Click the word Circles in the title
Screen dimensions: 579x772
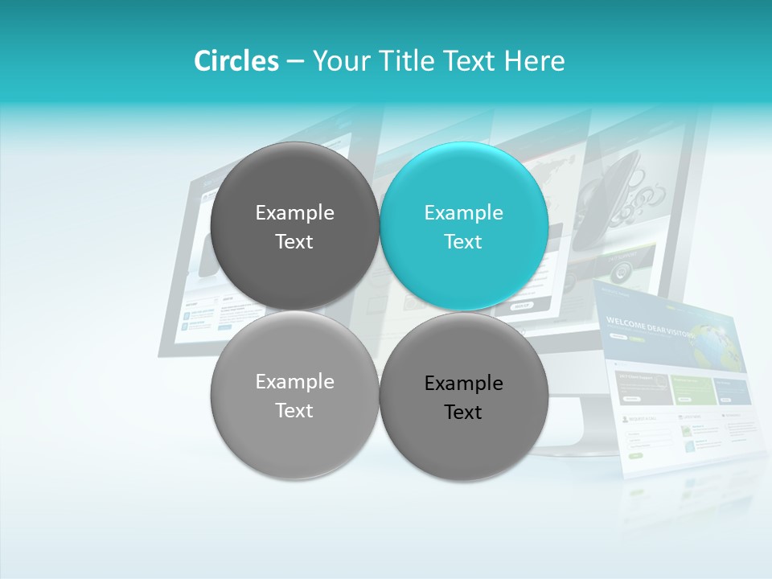point(236,61)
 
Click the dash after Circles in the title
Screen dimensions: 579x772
point(295,62)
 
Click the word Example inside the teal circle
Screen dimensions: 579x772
point(463,213)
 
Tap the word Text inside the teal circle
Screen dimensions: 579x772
point(463,242)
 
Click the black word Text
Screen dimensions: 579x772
point(463,413)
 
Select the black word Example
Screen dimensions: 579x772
point(463,384)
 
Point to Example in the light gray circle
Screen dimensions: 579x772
point(294,382)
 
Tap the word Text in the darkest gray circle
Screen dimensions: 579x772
point(294,242)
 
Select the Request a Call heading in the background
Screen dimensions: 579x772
point(643,419)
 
